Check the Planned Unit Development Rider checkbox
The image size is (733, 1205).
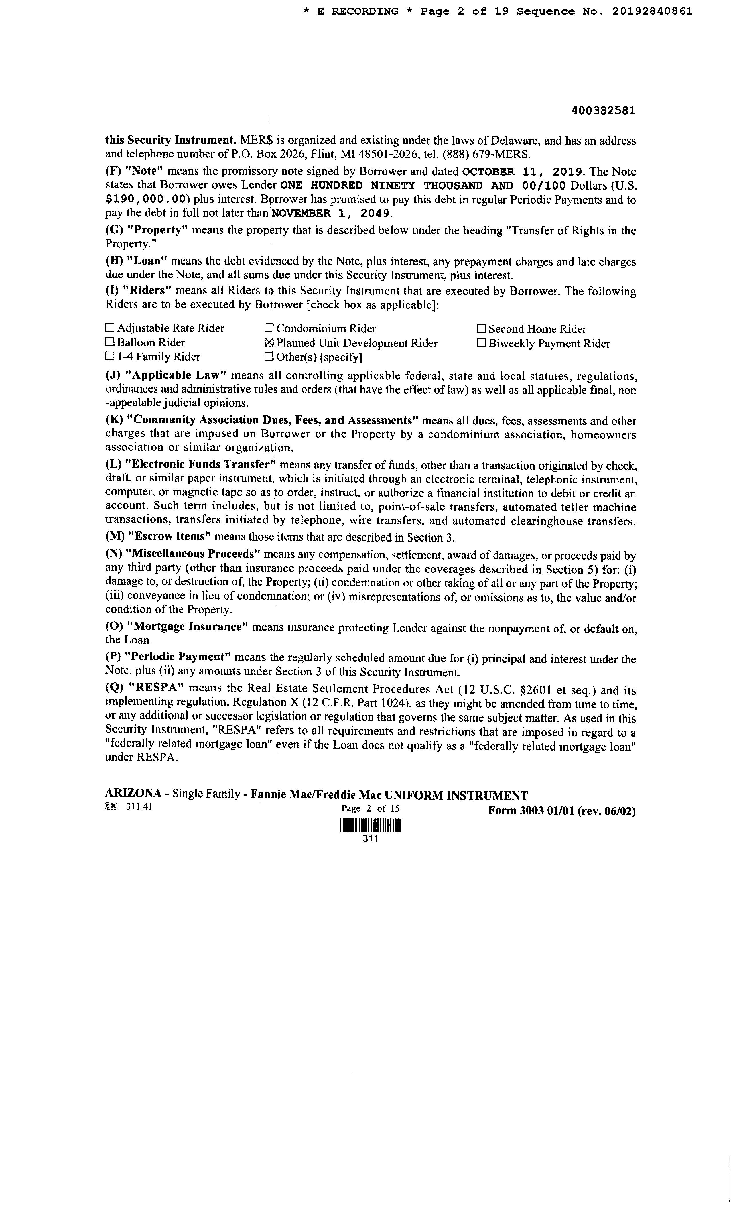(x=269, y=343)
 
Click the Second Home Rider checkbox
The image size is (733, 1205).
(x=481, y=329)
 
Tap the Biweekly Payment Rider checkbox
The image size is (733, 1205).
(x=481, y=343)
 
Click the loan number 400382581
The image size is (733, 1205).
(x=603, y=111)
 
